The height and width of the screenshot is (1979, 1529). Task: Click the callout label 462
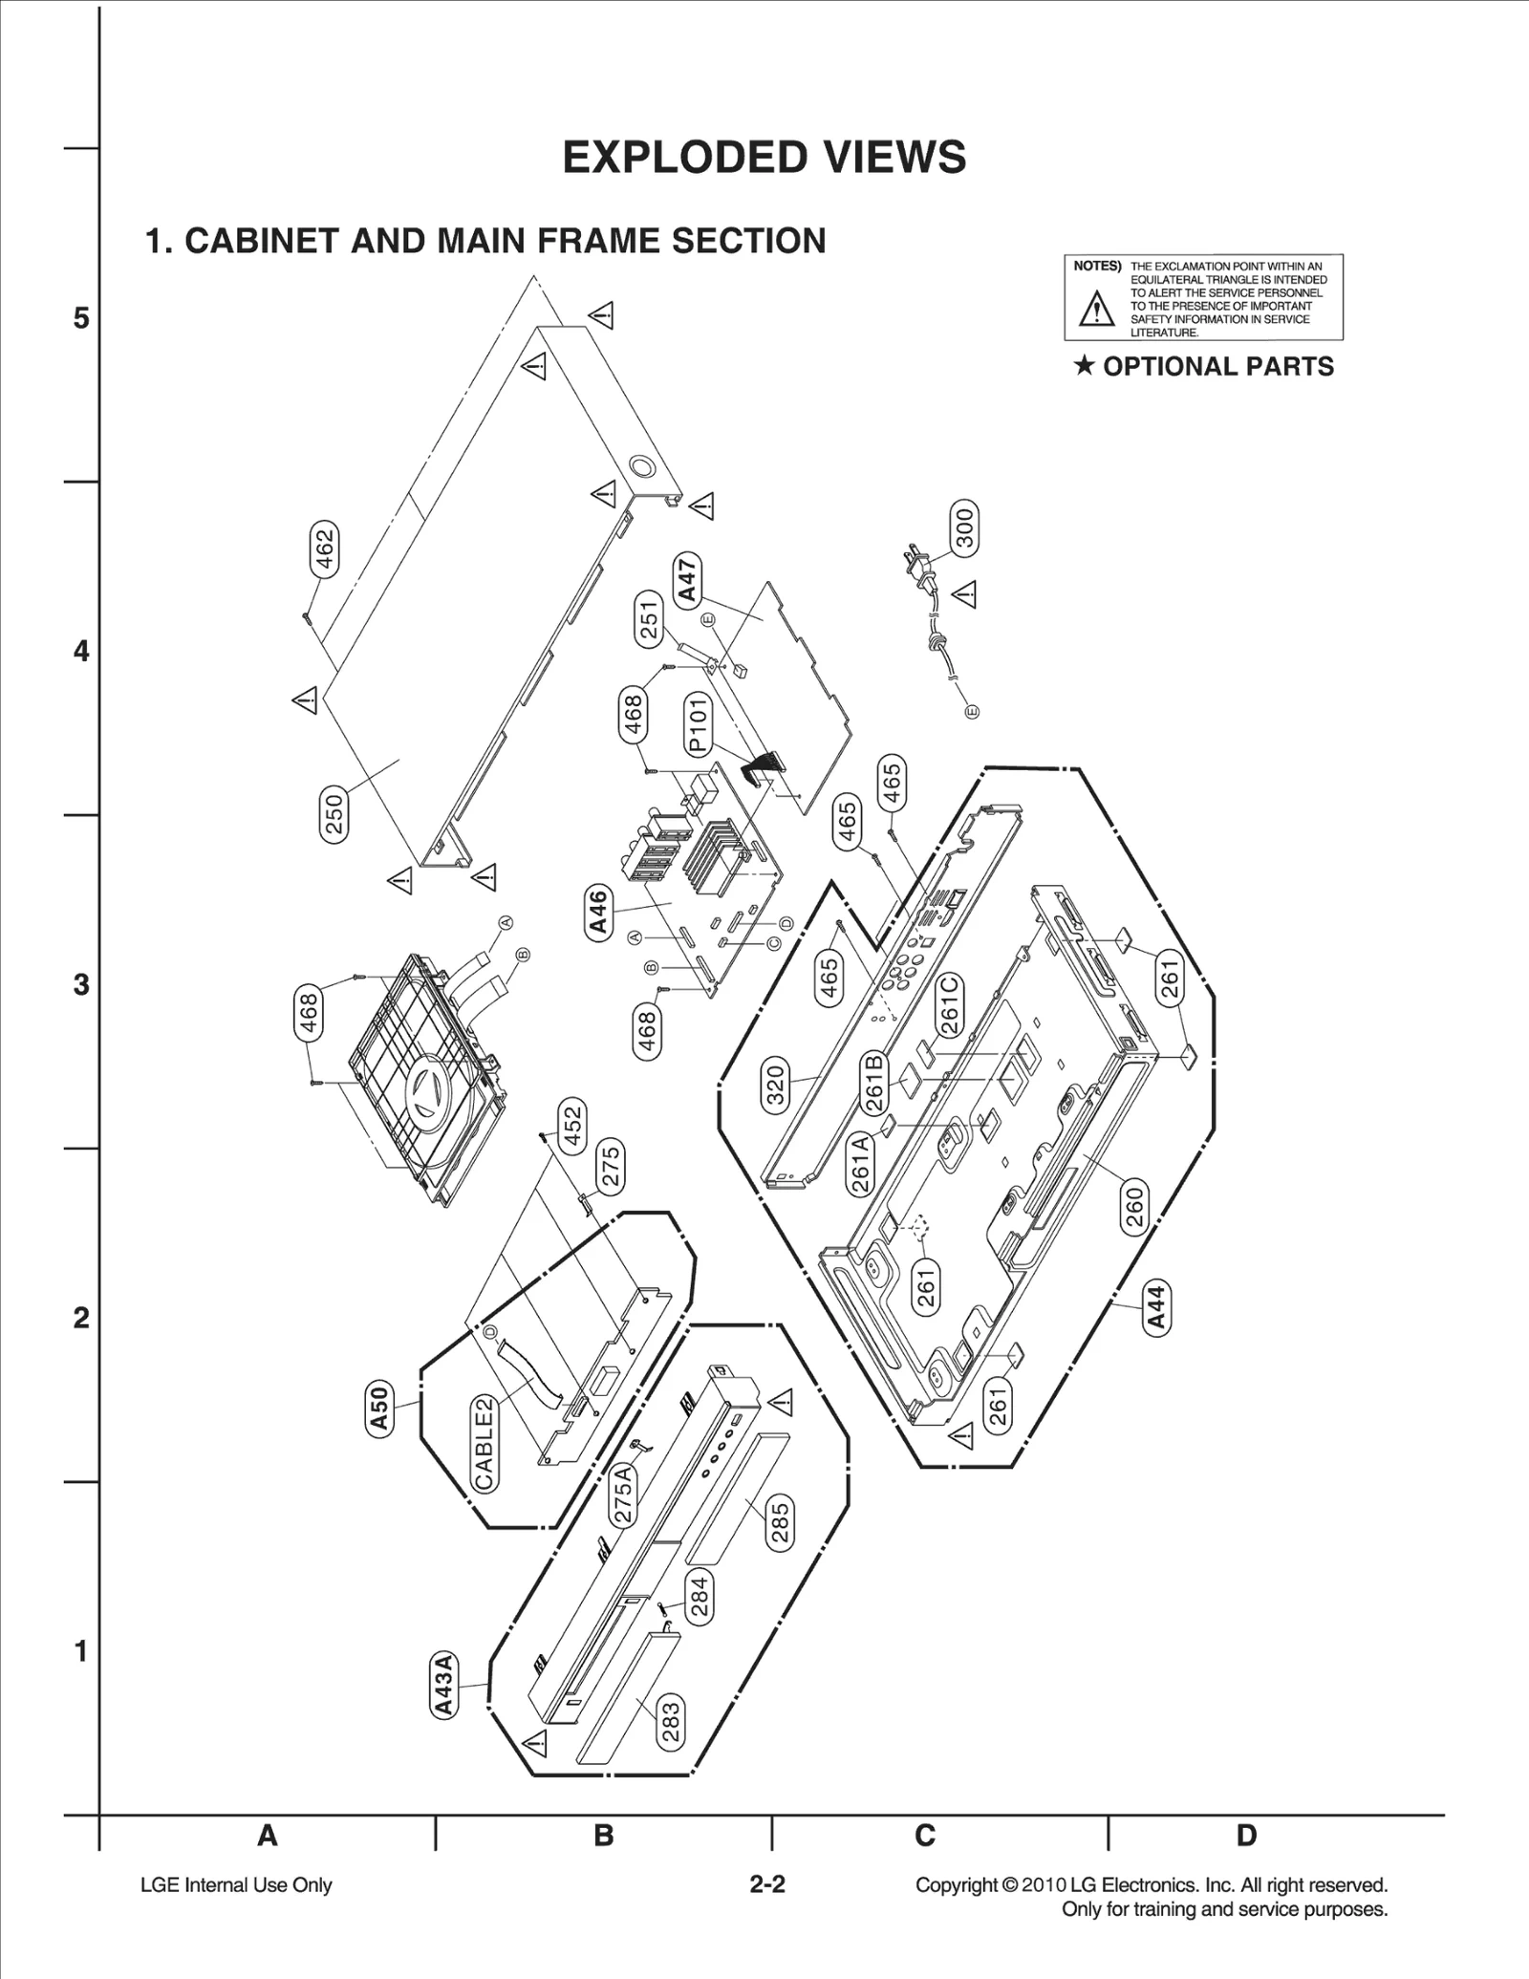tap(326, 549)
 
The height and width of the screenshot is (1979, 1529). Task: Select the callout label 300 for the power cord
tap(964, 527)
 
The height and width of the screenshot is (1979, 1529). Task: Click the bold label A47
tap(687, 579)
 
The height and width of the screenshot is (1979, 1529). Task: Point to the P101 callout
tap(698, 724)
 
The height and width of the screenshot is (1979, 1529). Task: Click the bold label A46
tap(597, 912)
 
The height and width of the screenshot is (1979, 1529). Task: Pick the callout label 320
tap(775, 1085)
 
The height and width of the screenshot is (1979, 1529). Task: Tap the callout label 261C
tap(949, 1004)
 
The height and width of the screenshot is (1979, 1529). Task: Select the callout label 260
tap(1134, 1207)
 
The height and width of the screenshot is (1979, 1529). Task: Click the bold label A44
tap(1156, 1308)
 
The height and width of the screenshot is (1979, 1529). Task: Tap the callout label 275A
tap(622, 1495)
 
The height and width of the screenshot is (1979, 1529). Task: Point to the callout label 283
tap(671, 1721)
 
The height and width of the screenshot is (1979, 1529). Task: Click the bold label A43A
tap(442, 1684)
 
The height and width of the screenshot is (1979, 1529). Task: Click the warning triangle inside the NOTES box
tap(1097, 309)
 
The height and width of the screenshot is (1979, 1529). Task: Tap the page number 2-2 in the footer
tap(766, 1884)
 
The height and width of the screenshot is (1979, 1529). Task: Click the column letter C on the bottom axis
tap(924, 1836)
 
